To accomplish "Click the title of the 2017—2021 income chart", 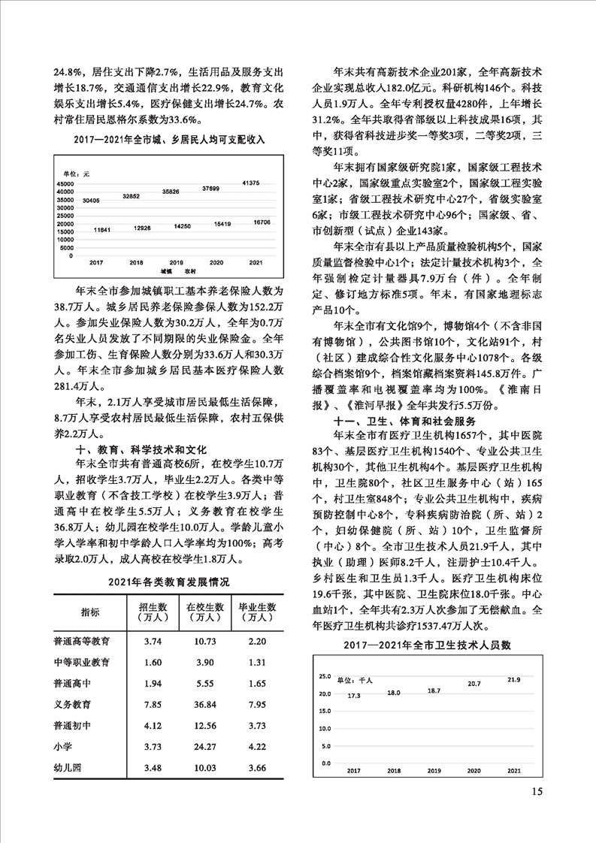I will tap(170, 139).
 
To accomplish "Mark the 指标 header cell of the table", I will tap(90, 613).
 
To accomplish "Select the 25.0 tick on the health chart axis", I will tap(325, 675).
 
